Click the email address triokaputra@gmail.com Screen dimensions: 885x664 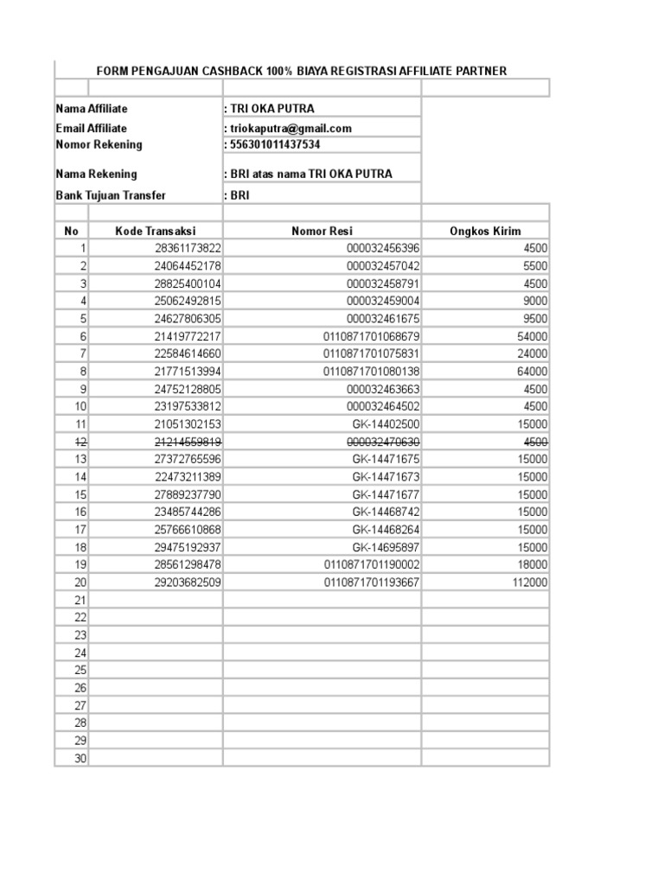[290, 128]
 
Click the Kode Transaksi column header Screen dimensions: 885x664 [156, 231]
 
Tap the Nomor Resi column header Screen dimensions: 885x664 [322, 231]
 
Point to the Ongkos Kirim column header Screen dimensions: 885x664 [485, 231]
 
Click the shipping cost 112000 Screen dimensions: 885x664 [528, 583]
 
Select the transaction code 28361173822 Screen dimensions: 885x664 [188, 248]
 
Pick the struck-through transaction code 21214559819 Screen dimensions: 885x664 [188, 442]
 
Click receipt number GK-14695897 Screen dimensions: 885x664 [386, 547]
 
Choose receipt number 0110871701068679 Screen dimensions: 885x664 [372, 336]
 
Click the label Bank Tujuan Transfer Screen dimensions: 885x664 [111, 195]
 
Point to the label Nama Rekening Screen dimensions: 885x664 [96, 174]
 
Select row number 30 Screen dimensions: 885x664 [80, 759]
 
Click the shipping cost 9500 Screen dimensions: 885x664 [535, 318]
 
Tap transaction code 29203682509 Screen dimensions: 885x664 [188, 583]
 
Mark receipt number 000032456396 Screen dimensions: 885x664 [383, 248]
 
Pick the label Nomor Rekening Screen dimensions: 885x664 [99, 144]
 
